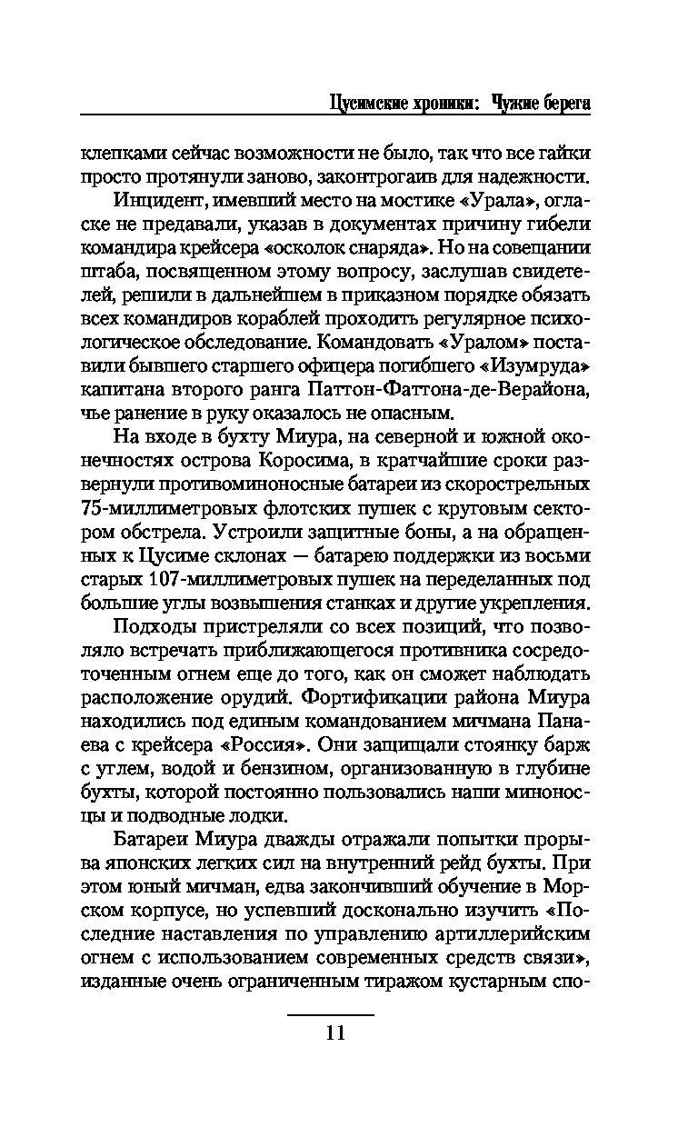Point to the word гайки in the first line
point(564,153)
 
